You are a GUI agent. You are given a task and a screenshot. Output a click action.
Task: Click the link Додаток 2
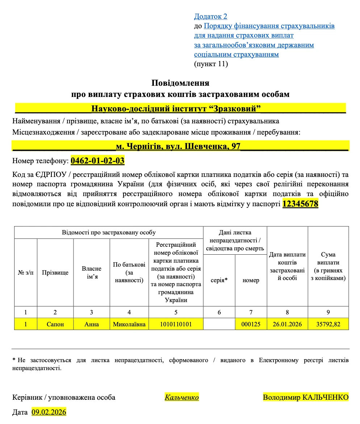pyautogui.click(x=210, y=16)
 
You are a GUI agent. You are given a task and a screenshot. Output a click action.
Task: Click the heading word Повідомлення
pyautogui.click(x=180, y=83)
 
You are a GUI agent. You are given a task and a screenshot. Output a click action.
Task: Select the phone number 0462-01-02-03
pyautogui.click(x=97, y=160)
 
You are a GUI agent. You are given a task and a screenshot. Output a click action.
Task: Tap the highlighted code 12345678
pyautogui.click(x=300, y=204)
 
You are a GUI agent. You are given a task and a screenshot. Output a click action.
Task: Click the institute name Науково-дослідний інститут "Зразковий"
pyautogui.click(x=176, y=109)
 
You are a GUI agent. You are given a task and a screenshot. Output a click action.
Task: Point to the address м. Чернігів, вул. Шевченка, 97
pyautogui.click(x=178, y=147)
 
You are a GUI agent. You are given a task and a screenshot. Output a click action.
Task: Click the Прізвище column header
pyautogui.click(x=55, y=272)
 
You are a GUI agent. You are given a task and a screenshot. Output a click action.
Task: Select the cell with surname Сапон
pyautogui.click(x=55, y=324)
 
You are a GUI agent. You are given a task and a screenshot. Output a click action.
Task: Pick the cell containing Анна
pyautogui.click(x=91, y=324)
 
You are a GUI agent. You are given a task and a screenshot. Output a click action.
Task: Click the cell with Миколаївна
pyautogui.click(x=129, y=324)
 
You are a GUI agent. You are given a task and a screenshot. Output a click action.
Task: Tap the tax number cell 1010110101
pyautogui.click(x=176, y=324)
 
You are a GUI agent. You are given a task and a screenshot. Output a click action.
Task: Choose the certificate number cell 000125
pyautogui.click(x=251, y=324)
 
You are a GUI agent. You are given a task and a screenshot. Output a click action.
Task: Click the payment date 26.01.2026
pyautogui.click(x=287, y=324)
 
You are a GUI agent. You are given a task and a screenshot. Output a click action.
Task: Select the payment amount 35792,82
pyautogui.click(x=328, y=324)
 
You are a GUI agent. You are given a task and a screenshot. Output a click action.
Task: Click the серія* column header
pyautogui.click(x=219, y=280)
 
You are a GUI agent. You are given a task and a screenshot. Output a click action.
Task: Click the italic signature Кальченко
pyautogui.click(x=181, y=397)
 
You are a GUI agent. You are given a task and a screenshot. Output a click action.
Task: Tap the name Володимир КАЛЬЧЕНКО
pyautogui.click(x=305, y=397)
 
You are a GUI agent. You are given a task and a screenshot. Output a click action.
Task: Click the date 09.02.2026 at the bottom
pyautogui.click(x=49, y=412)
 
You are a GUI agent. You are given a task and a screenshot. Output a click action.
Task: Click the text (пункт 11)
pyautogui.click(x=211, y=64)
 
